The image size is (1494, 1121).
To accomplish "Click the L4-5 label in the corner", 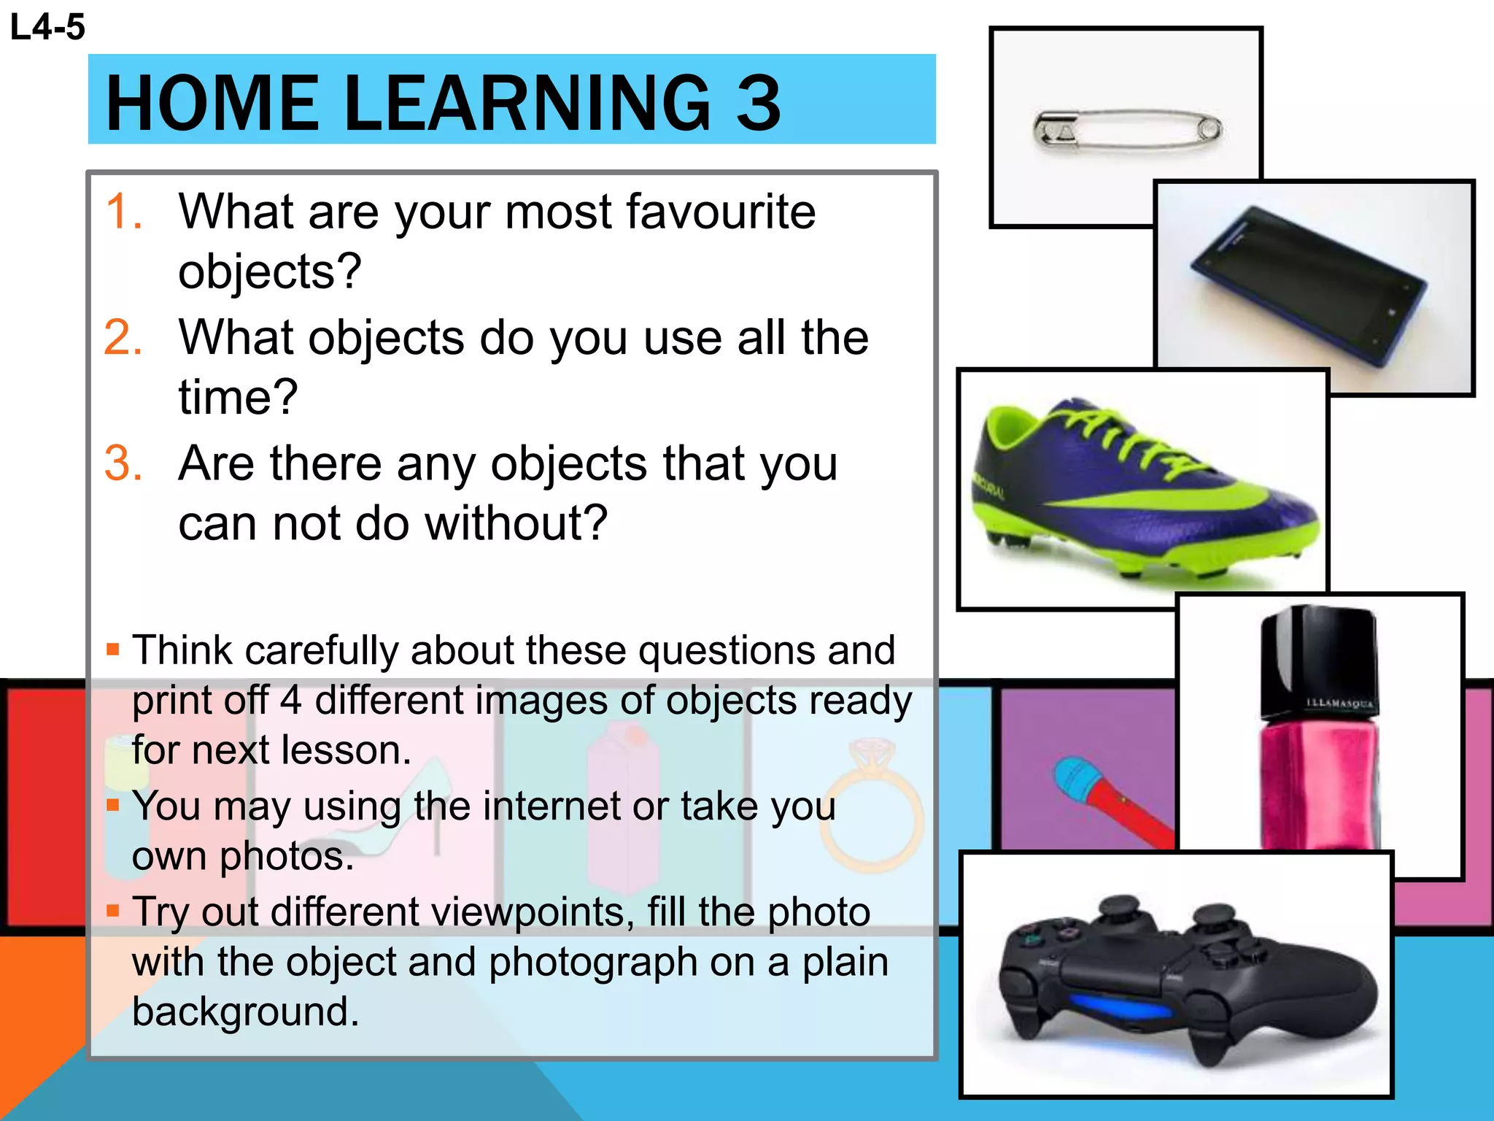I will (47, 28).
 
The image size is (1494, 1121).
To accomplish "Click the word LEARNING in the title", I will (525, 104).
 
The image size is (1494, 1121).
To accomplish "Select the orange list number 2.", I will (124, 338).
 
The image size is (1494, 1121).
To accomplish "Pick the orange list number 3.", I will (124, 463).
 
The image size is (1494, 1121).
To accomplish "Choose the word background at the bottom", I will (245, 1012).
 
